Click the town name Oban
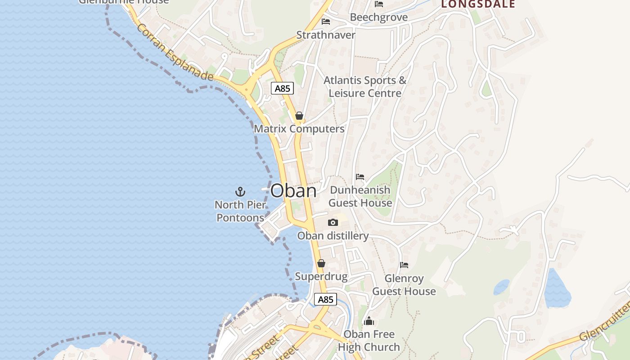click(x=293, y=191)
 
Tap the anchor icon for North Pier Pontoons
click(x=240, y=192)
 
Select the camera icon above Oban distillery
click(x=333, y=222)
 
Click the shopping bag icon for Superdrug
click(x=321, y=263)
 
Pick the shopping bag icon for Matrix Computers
click(x=299, y=116)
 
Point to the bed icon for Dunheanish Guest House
click(x=360, y=177)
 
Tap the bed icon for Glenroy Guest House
click(x=404, y=265)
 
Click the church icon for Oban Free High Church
click(x=369, y=321)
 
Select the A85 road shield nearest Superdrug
click(x=325, y=299)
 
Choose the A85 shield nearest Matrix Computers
click(x=283, y=88)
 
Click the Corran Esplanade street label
click(x=175, y=53)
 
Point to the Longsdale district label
click(x=478, y=4)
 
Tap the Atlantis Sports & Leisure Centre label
click(x=365, y=87)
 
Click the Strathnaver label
click(x=326, y=35)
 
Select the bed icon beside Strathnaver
click(x=326, y=22)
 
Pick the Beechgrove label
click(x=379, y=18)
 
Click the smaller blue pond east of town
click(x=501, y=287)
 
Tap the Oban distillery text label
click(x=333, y=236)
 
